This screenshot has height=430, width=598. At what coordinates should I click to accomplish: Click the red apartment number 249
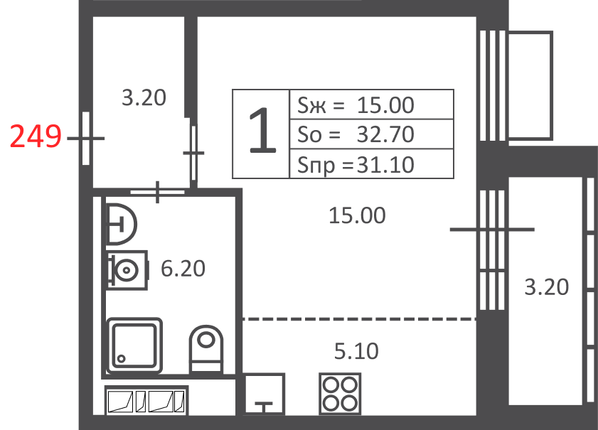[x=36, y=136]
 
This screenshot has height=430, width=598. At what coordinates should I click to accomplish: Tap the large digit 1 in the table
[x=262, y=130]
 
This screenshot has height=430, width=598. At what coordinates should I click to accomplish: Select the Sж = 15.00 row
[x=356, y=104]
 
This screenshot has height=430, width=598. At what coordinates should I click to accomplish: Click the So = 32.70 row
[x=356, y=134]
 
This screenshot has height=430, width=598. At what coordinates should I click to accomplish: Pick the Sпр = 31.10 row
[x=356, y=165]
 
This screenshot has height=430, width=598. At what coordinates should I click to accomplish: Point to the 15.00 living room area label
[x=357, y=215]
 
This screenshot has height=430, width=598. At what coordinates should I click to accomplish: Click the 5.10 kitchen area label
[x=356, y=351]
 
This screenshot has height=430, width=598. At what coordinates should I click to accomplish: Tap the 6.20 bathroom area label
[x=183, y=269]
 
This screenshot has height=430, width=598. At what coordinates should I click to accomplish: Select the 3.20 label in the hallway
[x=144, y=97]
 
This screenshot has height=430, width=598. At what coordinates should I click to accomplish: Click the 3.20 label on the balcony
[x=547, y=286]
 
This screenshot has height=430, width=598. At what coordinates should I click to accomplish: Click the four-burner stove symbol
[x=340, y=394]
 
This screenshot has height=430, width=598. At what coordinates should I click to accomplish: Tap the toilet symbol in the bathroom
[x=206, y=349]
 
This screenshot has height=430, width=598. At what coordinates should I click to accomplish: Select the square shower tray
[x=134, y=345]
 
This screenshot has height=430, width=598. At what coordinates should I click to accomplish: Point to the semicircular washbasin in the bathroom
[x=121, y=224]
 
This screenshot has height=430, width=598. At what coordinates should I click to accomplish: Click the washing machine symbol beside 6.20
[x=127, y=270]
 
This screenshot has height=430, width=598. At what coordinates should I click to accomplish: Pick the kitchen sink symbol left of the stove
[x=265, y=394]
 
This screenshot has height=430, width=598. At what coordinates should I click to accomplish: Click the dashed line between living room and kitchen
[x=359, y=318]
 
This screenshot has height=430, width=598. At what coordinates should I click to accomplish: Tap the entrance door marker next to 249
[x=86, y=139]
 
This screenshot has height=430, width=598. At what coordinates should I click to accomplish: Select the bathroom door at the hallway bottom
[x=158, y=192]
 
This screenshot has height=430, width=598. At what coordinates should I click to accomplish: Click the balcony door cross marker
[x=492, y=230]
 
